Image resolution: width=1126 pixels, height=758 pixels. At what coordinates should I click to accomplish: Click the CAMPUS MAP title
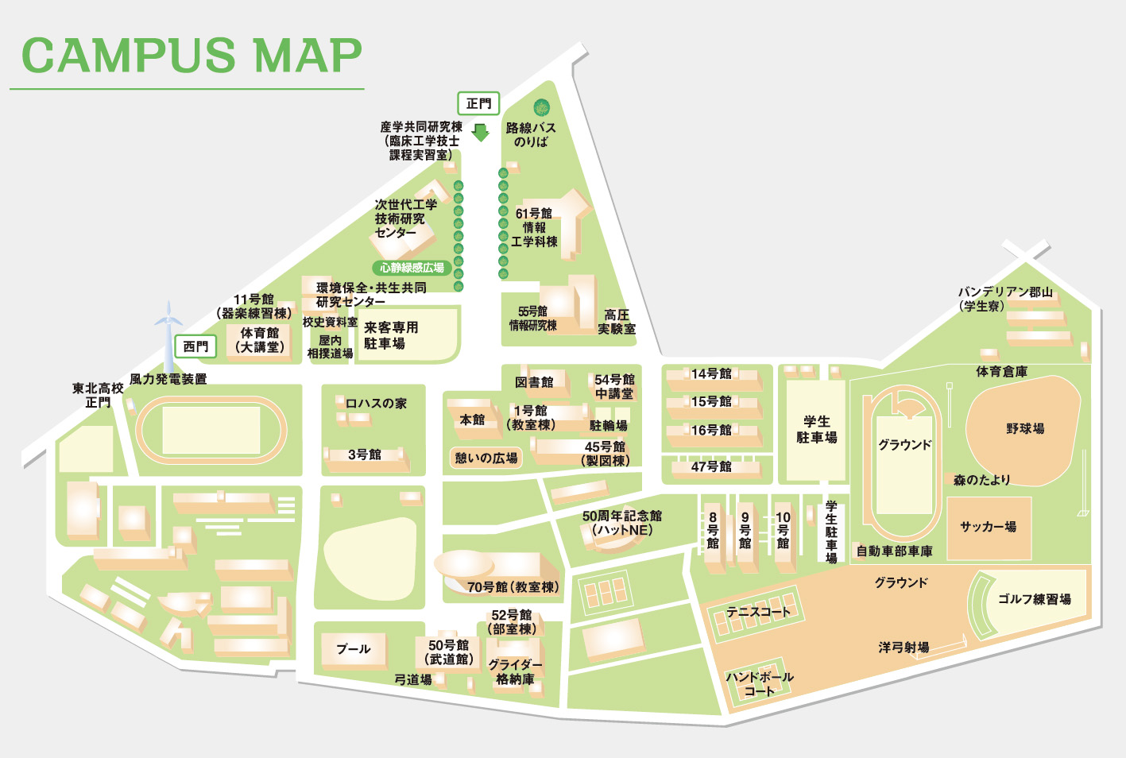[192, 56]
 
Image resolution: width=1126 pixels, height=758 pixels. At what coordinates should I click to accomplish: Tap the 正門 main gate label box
[478, 103]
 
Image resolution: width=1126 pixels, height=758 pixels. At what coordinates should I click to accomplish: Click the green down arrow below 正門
[480, 132]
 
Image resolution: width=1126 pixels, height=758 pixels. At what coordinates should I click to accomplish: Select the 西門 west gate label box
[195, 346]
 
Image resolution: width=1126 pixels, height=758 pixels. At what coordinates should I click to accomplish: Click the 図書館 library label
[534, 382]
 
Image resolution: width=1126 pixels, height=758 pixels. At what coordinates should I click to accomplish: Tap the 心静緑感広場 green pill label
[412, 268]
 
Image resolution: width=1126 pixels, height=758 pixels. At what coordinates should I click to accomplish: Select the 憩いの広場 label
[486, 458]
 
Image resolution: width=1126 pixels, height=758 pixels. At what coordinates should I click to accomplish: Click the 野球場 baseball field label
[1025, 428]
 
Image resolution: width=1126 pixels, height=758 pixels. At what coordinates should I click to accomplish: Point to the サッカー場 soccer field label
[988, 526]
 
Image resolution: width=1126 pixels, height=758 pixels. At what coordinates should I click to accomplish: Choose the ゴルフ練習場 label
[1034, 599]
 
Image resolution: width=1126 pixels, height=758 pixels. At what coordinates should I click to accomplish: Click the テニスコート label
[759, 612]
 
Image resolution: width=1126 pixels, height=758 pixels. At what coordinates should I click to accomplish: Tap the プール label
[353, 649]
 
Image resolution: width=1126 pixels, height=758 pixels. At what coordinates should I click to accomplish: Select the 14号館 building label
[711, 373]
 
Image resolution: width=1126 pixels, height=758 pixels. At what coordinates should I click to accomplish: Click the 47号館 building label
[711, 466]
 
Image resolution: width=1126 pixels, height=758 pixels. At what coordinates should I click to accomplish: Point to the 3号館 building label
[365, 454]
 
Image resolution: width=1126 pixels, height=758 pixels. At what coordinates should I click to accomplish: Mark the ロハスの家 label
[376, 403]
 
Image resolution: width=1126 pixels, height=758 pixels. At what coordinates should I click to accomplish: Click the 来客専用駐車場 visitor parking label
[391, 335]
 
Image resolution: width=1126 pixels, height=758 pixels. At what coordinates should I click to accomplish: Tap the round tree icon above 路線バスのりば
[542, 107]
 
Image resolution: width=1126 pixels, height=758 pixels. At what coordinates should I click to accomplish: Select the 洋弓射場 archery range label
[904, 647]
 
